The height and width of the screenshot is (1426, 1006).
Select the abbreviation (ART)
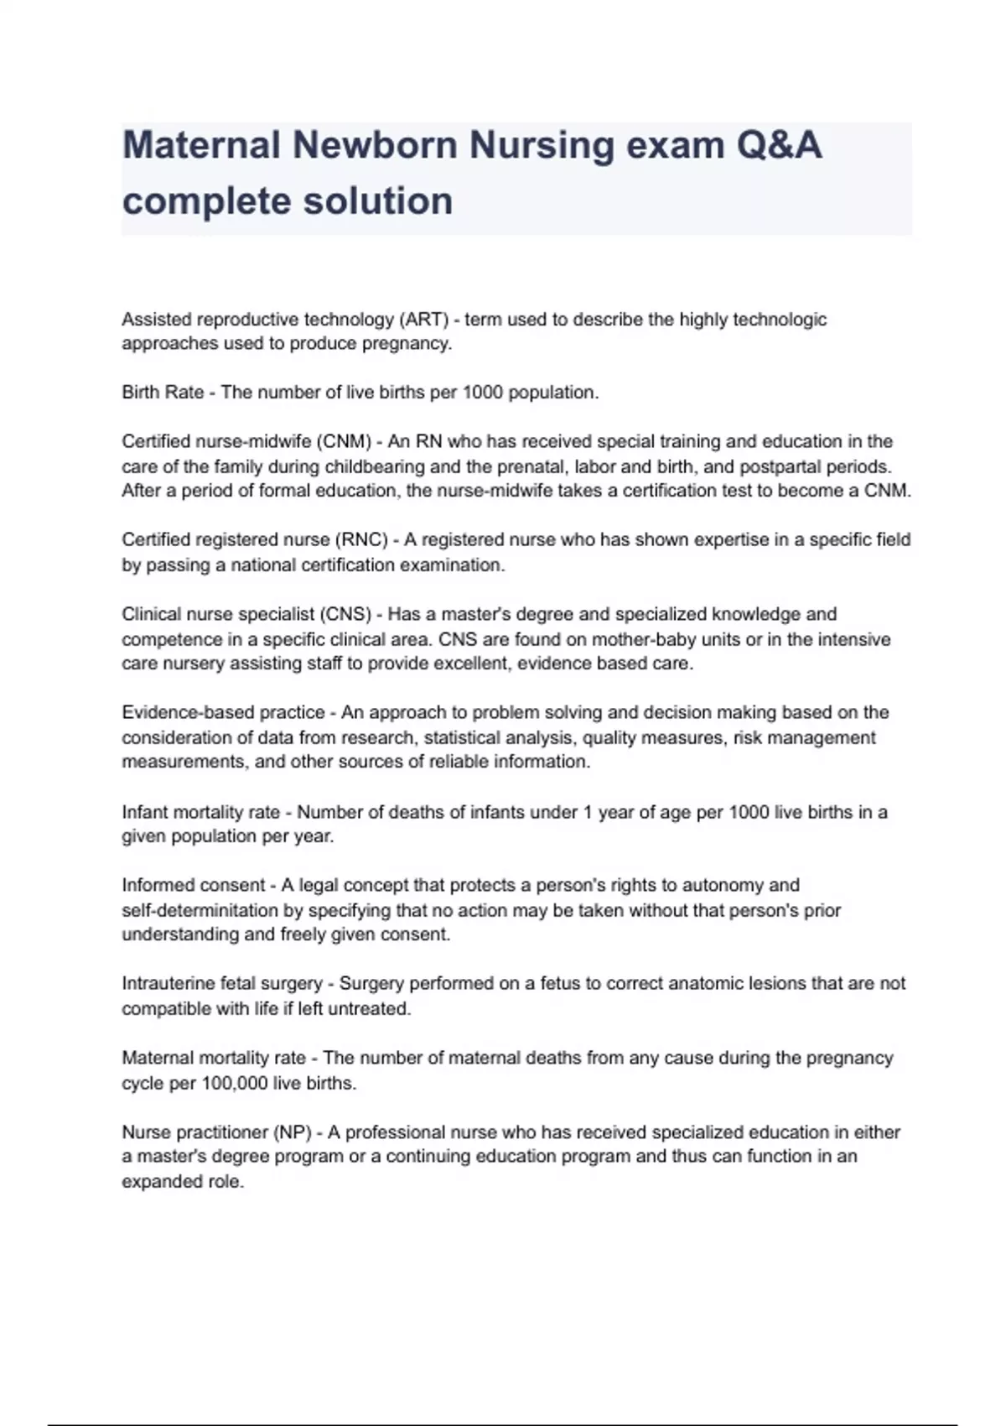pos(424,320)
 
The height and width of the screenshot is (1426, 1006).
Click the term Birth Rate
pos(163,393)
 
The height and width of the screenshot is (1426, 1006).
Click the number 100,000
pos(234,1083)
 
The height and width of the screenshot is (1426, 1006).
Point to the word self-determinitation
pos(211,910)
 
